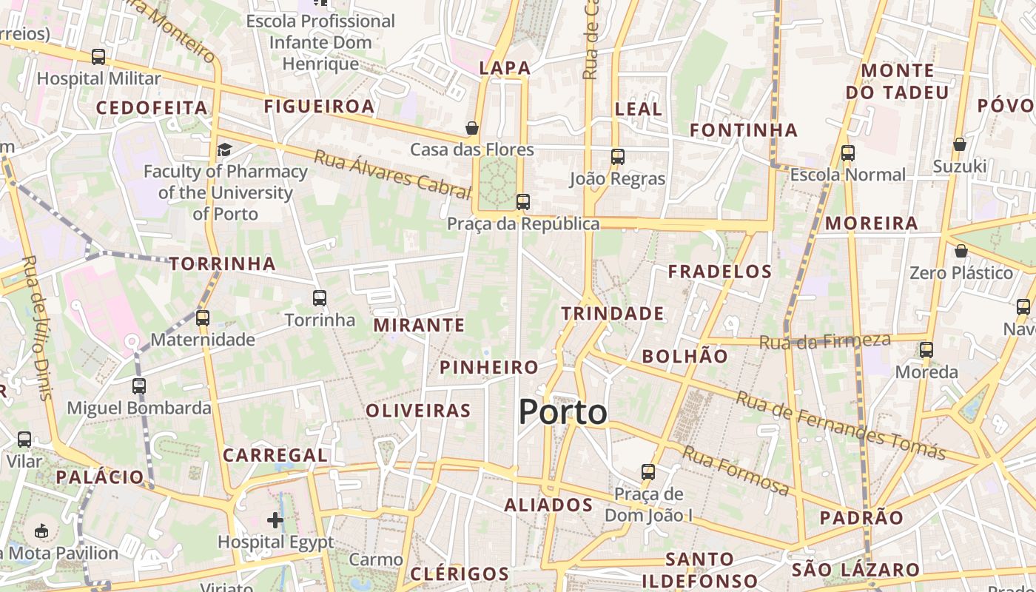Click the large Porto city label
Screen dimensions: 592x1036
tap(562, 411)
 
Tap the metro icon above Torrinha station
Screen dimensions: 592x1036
tap(320, 298)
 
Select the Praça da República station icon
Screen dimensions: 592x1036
tap(523, 201)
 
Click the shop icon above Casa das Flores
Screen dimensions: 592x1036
tap(472, 128)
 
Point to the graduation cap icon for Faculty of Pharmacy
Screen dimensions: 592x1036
tap(224, 150)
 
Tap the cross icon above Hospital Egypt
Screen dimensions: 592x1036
tap(275, 519)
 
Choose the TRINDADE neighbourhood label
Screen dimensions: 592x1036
tap(612, 314)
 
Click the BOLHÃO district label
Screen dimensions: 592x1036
tap(684, 356)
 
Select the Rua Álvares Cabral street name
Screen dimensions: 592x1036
tap(392, 175)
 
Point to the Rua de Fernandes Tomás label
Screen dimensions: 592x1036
tap(841, 425)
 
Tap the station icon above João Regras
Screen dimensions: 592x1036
tap(618, 157)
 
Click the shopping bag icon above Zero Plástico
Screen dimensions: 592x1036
tap(961, 251)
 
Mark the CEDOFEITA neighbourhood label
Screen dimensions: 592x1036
tap(152, 108)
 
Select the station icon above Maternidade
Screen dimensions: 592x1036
tap(203, 318)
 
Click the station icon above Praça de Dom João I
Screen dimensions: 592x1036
tap(648, 471)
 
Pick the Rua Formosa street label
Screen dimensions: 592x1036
tap(736, 471)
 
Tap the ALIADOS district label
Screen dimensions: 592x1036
tap(548, 505)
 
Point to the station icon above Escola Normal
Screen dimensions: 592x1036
tap(848, 153)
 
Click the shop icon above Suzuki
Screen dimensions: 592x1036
tap(960, 144)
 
